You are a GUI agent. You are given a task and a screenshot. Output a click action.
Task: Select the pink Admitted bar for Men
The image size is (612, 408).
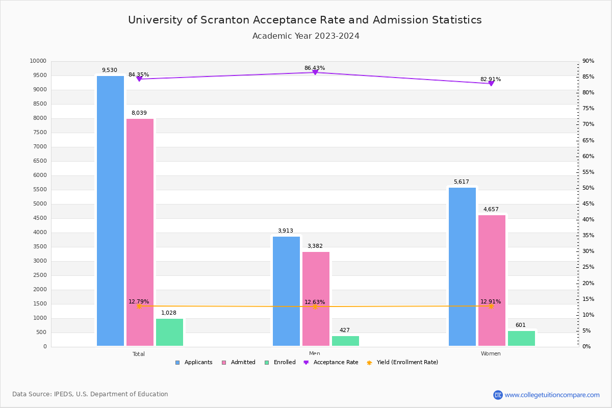[316, 299]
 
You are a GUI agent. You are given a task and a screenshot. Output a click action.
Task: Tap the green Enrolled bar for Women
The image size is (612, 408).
[521, 338]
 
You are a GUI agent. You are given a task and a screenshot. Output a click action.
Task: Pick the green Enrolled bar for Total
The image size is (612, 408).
[169, 332]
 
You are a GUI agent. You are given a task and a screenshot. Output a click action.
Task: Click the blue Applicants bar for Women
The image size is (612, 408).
[462, 267]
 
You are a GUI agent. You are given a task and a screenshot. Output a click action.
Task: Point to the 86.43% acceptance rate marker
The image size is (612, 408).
[315, 72]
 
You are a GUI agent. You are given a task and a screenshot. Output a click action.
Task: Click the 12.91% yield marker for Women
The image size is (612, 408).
[491, 306]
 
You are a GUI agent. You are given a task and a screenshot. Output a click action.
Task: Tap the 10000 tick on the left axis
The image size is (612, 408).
[38, 61]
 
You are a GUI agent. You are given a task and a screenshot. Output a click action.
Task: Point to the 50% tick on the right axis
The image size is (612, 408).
[588, 188]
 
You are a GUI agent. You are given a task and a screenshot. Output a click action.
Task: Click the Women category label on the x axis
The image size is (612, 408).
[491, 354]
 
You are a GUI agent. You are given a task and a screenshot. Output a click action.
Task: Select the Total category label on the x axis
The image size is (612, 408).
[139, 354]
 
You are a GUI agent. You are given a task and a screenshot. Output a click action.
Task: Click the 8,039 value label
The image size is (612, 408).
[139, 113]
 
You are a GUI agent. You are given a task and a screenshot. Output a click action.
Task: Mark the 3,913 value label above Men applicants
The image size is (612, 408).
[285, 231]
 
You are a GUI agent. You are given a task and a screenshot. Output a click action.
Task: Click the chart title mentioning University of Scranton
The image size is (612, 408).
[305, 20]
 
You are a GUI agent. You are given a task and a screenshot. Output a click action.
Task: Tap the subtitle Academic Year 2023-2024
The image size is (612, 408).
[305, 36]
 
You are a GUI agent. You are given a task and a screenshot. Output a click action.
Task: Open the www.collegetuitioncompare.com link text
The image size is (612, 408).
[552, 395]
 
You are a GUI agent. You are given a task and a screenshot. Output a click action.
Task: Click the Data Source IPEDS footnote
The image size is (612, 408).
[90, 394]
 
